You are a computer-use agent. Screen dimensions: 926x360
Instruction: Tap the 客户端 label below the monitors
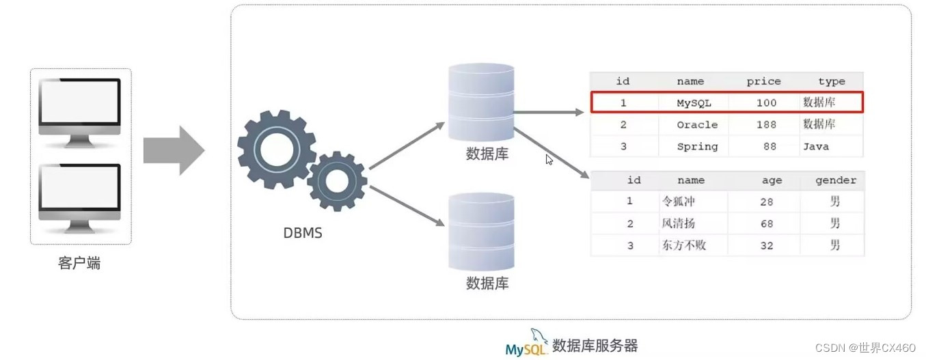(x=79, y=263)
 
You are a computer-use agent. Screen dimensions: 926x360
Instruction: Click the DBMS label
(x=303, y=233)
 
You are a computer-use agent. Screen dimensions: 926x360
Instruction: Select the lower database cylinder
(x=480, y=232)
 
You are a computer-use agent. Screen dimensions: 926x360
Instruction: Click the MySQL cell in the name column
(x=694, y=102)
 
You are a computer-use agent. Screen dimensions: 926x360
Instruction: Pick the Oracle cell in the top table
(x=697, y=124)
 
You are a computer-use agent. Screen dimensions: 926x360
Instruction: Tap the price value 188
(x=766, y=124)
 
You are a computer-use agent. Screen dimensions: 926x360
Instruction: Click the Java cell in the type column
(x=816, y=146)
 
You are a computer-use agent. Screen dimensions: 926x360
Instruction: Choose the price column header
(x=763, y=81)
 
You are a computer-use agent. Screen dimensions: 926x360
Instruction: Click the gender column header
(x=835, y=180)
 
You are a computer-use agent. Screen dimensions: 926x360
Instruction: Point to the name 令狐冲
(x=679, y=202)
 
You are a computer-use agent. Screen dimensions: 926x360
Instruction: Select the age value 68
(x=766, y=223)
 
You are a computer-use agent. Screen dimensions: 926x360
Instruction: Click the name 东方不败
(x=683, y=245)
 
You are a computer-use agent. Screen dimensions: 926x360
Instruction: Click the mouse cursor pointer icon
(x=549, y=159)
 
